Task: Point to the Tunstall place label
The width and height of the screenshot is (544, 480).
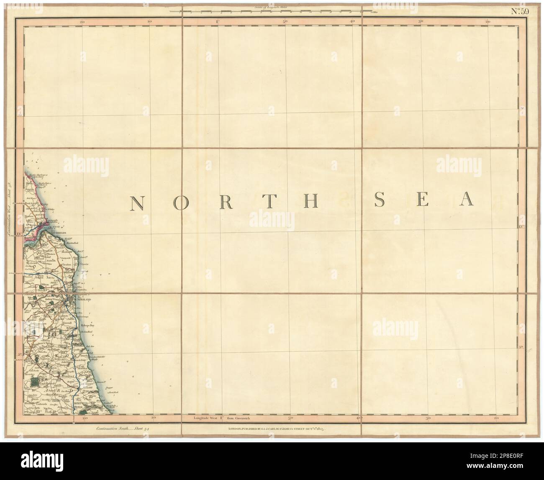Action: [67, 323]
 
